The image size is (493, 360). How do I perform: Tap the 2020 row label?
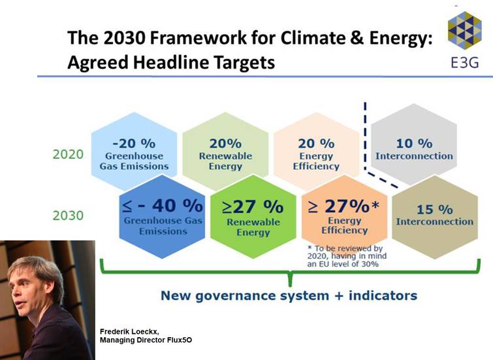[x=68, y=154]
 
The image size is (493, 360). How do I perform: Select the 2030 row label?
[x=68, y=216]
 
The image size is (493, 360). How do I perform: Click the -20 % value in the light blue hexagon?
[x=134, y=144]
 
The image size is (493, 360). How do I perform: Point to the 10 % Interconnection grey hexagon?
[x=414, y=144]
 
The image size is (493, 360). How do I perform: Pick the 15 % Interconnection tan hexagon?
[x=435, y=217]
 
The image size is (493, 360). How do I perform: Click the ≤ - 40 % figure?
[x=162, y=206]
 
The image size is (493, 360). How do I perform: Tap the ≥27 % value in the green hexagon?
[x=253, y=206]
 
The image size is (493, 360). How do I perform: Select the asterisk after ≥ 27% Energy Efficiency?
[x=375, y=205]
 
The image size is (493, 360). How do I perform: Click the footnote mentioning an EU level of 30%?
[x=347, y=256]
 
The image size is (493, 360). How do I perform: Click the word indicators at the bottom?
[x=383, y=295]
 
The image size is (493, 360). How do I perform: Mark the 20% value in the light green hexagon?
[x=225, y=144]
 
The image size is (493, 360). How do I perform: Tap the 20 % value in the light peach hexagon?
[x=316, y=144]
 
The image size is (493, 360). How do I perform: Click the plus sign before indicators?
[x=339, y=296]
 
